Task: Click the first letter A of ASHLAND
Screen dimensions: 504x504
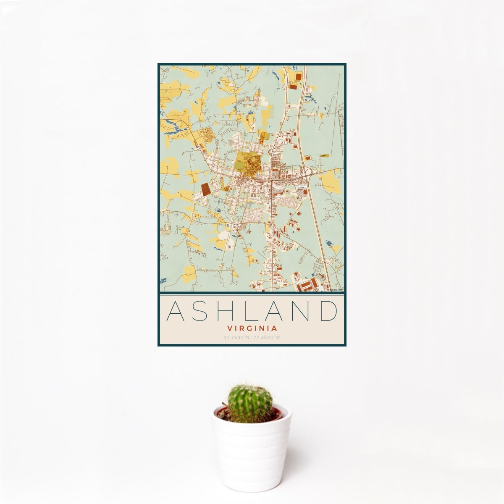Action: click(x=175, y=311)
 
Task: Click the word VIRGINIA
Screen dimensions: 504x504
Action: click(x=252, y=328)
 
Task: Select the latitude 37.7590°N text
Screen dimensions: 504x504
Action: click(x=237, y=337)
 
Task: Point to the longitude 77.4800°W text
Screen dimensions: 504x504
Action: click(x=267, y=337)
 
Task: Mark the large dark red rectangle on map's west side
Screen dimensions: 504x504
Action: click(x=206, y=189)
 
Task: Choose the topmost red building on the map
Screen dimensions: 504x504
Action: click(x=299, y=77)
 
